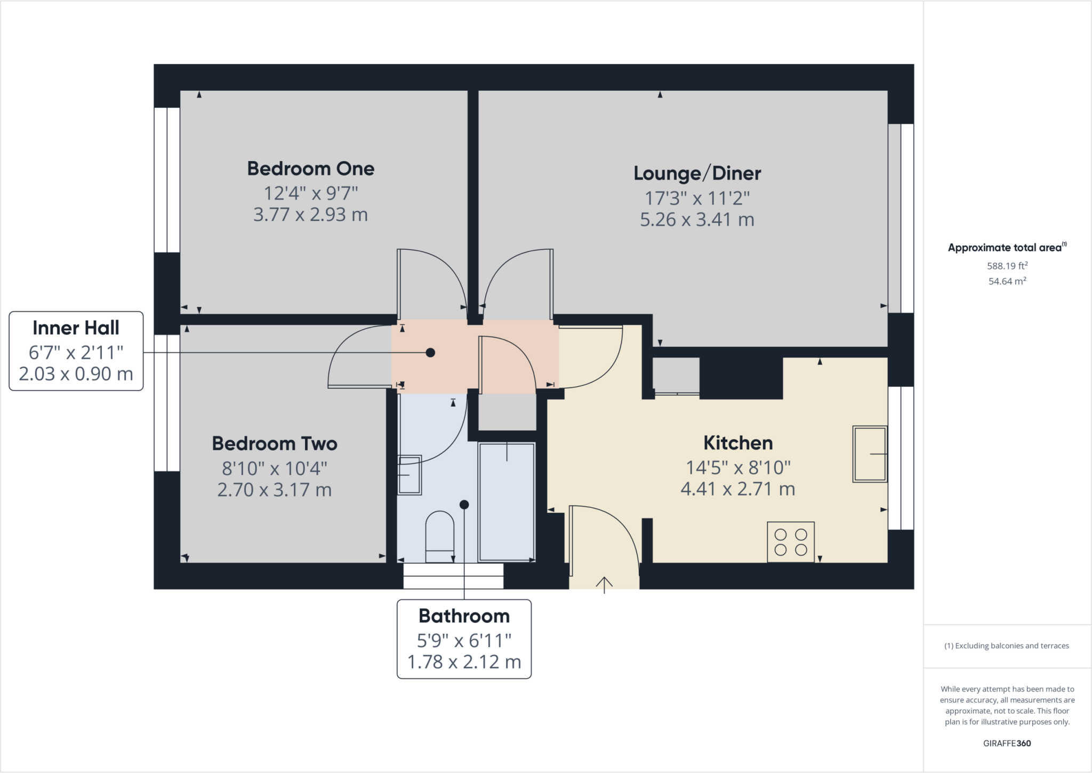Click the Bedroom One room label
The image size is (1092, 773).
311,169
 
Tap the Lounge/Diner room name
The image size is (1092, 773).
697,173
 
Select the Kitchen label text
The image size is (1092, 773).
738,443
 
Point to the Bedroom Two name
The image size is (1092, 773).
275,443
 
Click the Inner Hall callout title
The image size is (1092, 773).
76,328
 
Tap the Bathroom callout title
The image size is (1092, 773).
464,616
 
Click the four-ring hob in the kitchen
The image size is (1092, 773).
791,542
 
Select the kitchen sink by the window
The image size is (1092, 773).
870,454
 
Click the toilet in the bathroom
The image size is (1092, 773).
440,537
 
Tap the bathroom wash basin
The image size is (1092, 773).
409,475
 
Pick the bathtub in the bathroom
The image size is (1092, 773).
507,501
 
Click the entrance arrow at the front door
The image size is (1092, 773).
604,585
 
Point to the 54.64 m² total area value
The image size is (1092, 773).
1007,281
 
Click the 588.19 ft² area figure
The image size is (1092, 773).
1007,266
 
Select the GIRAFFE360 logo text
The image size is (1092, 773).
1007,743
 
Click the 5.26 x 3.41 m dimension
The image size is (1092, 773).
697,220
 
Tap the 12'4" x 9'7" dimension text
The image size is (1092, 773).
311,193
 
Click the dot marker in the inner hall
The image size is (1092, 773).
430,353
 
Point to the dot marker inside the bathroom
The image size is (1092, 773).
464,505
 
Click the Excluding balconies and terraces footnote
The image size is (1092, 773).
1007,646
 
